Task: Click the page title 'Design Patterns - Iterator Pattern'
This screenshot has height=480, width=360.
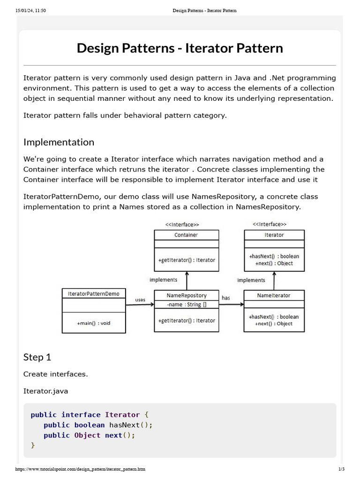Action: [x=180, y=48]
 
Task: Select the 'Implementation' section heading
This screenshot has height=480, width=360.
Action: [x=59, y=142]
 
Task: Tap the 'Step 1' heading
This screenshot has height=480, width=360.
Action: [x=37, y=357]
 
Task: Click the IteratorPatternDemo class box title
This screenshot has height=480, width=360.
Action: [x=93, y=294]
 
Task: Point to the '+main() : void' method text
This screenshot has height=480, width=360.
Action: [x=93, y=323]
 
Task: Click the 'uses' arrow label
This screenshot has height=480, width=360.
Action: [x=140, y=300]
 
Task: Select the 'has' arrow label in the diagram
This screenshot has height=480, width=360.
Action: [x=226, y=298]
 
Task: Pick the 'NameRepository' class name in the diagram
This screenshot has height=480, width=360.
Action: [x=186, y=295]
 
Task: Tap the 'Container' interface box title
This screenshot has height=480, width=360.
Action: [x=186, y=235]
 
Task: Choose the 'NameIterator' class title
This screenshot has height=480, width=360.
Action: [x=274, y=295]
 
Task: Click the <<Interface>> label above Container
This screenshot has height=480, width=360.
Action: [x=182, y=225]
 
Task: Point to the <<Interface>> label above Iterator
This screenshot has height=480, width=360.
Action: [x=270, y=225]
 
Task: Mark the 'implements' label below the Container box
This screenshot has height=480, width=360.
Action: [x=163, y=280]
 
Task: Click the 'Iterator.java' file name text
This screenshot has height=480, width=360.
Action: [x=45, y=391]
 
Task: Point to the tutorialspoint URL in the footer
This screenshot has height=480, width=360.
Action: [x=80, y=469]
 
